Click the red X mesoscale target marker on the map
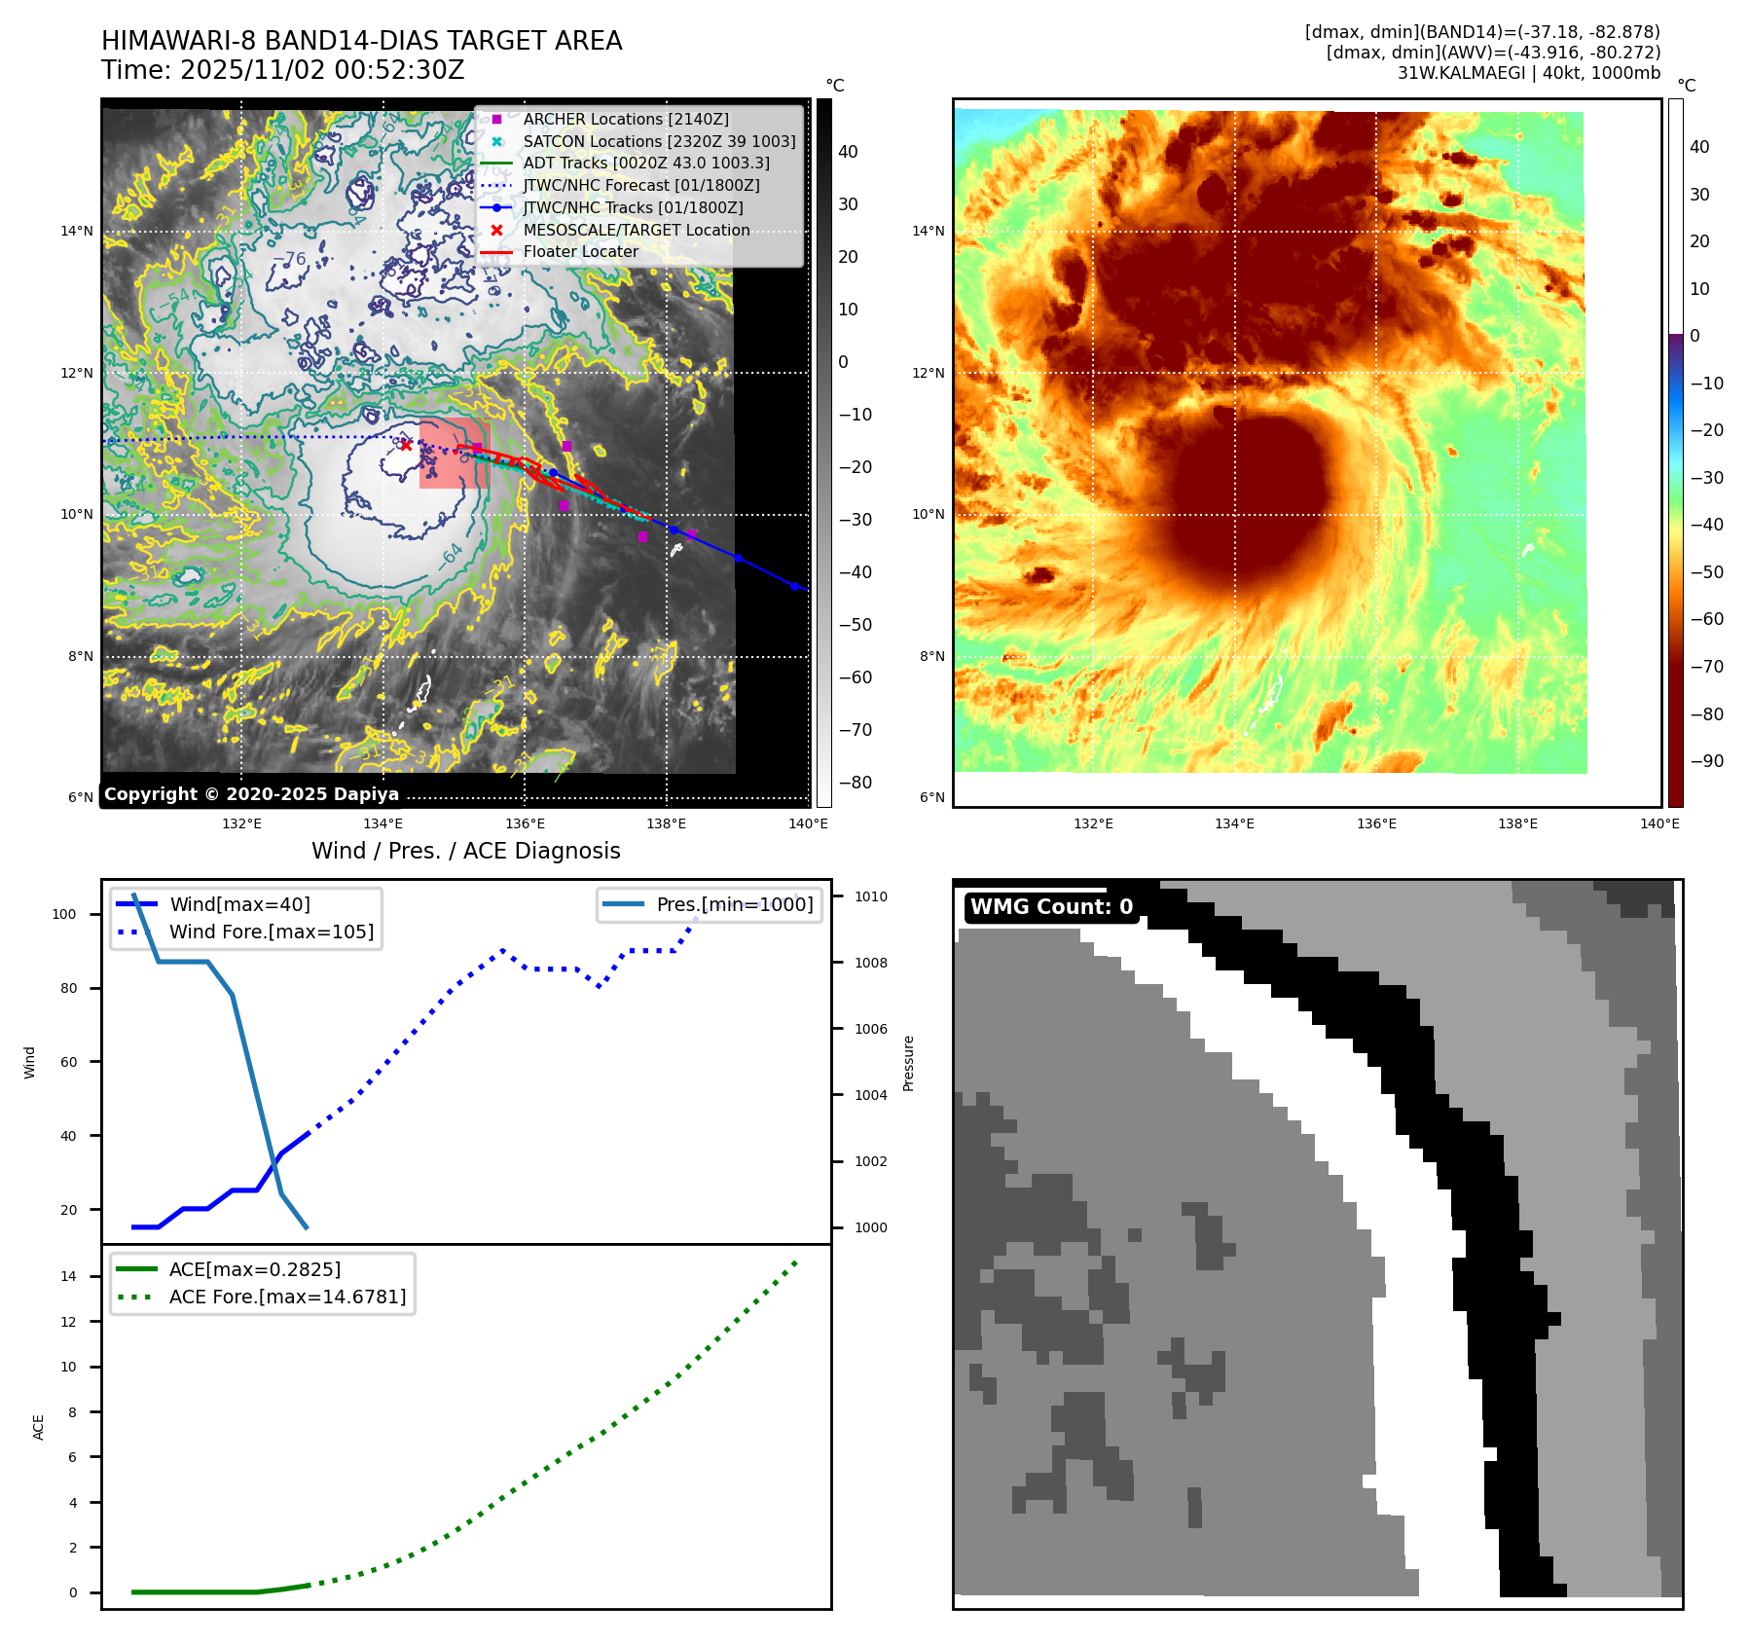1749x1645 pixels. [406, 445]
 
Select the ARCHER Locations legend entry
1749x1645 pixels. [625, 119]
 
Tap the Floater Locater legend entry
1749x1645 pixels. [580, 251]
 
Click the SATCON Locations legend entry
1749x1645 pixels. [658, 141]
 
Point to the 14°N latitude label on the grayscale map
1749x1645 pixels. [77, 232]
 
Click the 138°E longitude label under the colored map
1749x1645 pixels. [1517, 823]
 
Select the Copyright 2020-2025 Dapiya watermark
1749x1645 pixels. [251, 794]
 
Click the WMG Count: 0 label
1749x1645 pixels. [1051, 907]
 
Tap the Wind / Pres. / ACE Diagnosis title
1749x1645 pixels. [465, 851]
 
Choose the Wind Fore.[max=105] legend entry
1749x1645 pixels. [271, 932]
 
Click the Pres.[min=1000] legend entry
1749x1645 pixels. [734, 904]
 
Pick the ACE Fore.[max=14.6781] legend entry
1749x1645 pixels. [287, 1297]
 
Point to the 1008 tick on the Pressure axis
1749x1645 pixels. [870, 963]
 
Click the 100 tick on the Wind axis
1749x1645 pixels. [64, 914]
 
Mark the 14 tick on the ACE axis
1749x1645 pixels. [68, 1276]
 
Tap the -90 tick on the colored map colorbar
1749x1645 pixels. [1706, 761]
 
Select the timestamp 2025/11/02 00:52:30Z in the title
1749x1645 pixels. [322, 70]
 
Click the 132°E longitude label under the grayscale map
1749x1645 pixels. [241, 823]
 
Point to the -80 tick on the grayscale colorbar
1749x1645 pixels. [855, 783]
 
